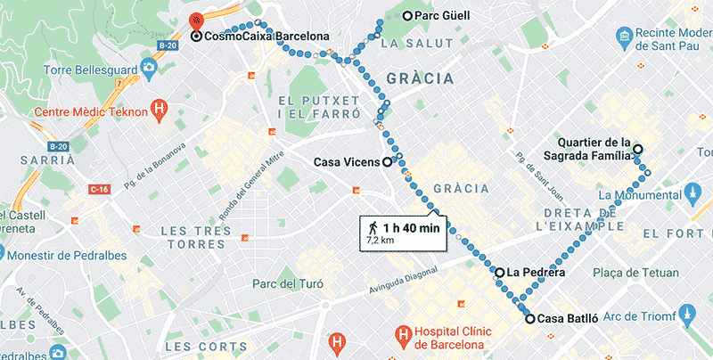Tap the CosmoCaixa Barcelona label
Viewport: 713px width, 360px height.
[x=263, y=37]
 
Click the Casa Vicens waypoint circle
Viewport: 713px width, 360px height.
[x=387, y=162]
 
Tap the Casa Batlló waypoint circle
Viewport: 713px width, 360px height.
[x=530, y=318]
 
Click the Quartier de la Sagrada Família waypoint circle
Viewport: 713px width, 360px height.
[x=637, y=150]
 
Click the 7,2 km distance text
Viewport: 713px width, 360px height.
[x=381, y=241]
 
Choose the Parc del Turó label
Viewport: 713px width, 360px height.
[x=287, y=284]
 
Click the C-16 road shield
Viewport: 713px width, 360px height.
[x=98, y=190]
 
